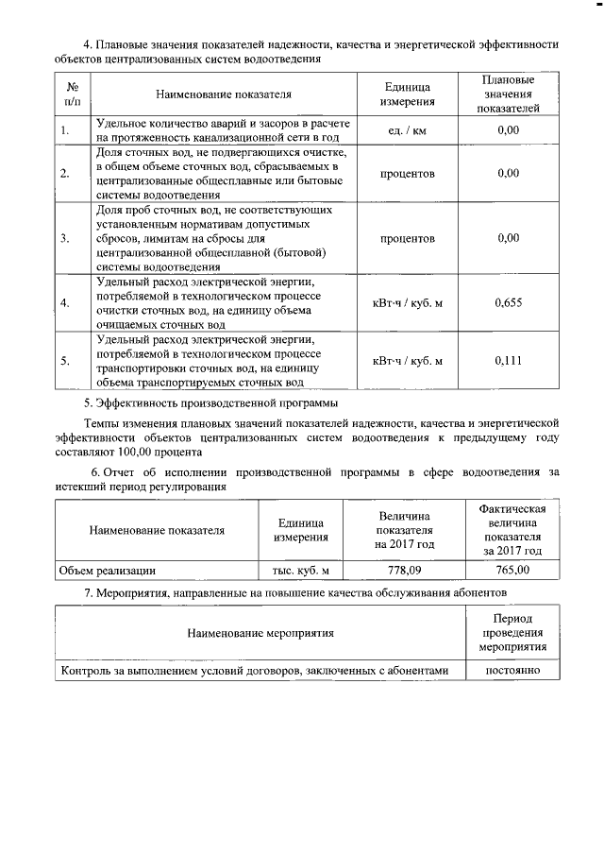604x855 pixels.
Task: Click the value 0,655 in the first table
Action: (x=509, y=303)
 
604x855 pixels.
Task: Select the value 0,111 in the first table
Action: (x=509, y=361)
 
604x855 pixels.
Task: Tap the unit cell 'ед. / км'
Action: (x=408, y=130)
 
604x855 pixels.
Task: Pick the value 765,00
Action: (x=512, y=570)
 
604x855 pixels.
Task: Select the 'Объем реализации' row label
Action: (x=107, y=570)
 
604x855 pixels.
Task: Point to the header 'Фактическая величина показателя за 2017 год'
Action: (x=512, y=529)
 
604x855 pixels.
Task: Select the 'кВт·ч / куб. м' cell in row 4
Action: (x=408, y=303)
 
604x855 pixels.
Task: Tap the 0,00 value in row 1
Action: (x=509, y=130)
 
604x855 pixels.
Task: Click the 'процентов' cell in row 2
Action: (x=408, y=174)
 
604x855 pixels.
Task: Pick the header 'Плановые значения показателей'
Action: (x=509, y=94)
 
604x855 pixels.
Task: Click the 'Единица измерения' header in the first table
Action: (x=408, y=94)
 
